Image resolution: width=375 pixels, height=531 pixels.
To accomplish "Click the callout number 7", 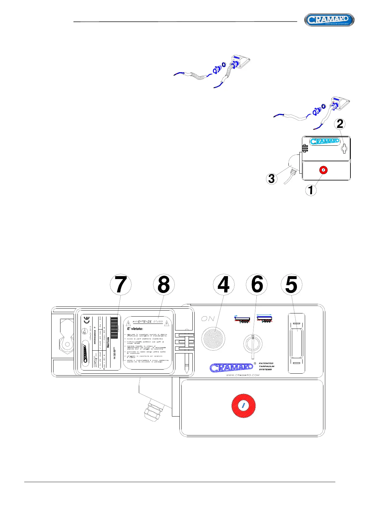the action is [121, 285].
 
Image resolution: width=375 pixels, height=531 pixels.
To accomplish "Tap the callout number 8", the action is [164, 285].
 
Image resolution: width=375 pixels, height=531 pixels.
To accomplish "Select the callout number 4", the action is [224, 285].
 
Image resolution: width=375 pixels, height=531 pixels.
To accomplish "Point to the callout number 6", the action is [257, 285].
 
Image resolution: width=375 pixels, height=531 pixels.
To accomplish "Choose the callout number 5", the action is [291, 285].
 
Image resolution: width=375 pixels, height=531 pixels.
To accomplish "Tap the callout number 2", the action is [340, 124].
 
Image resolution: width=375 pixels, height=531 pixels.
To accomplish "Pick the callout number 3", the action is [272, 179].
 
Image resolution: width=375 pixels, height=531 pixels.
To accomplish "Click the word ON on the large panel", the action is [208, 319].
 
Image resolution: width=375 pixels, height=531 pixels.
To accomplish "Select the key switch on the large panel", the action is [253, 344].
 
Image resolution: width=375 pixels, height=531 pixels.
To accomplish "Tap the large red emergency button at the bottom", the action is [243, 406].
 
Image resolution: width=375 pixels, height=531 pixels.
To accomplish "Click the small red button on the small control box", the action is [323, 170].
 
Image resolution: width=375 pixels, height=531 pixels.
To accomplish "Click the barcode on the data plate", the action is [114, 324].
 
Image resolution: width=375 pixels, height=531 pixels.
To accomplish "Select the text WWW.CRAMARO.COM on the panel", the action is [243, 375].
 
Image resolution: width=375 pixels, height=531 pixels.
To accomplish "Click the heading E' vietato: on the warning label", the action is [135, 329].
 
